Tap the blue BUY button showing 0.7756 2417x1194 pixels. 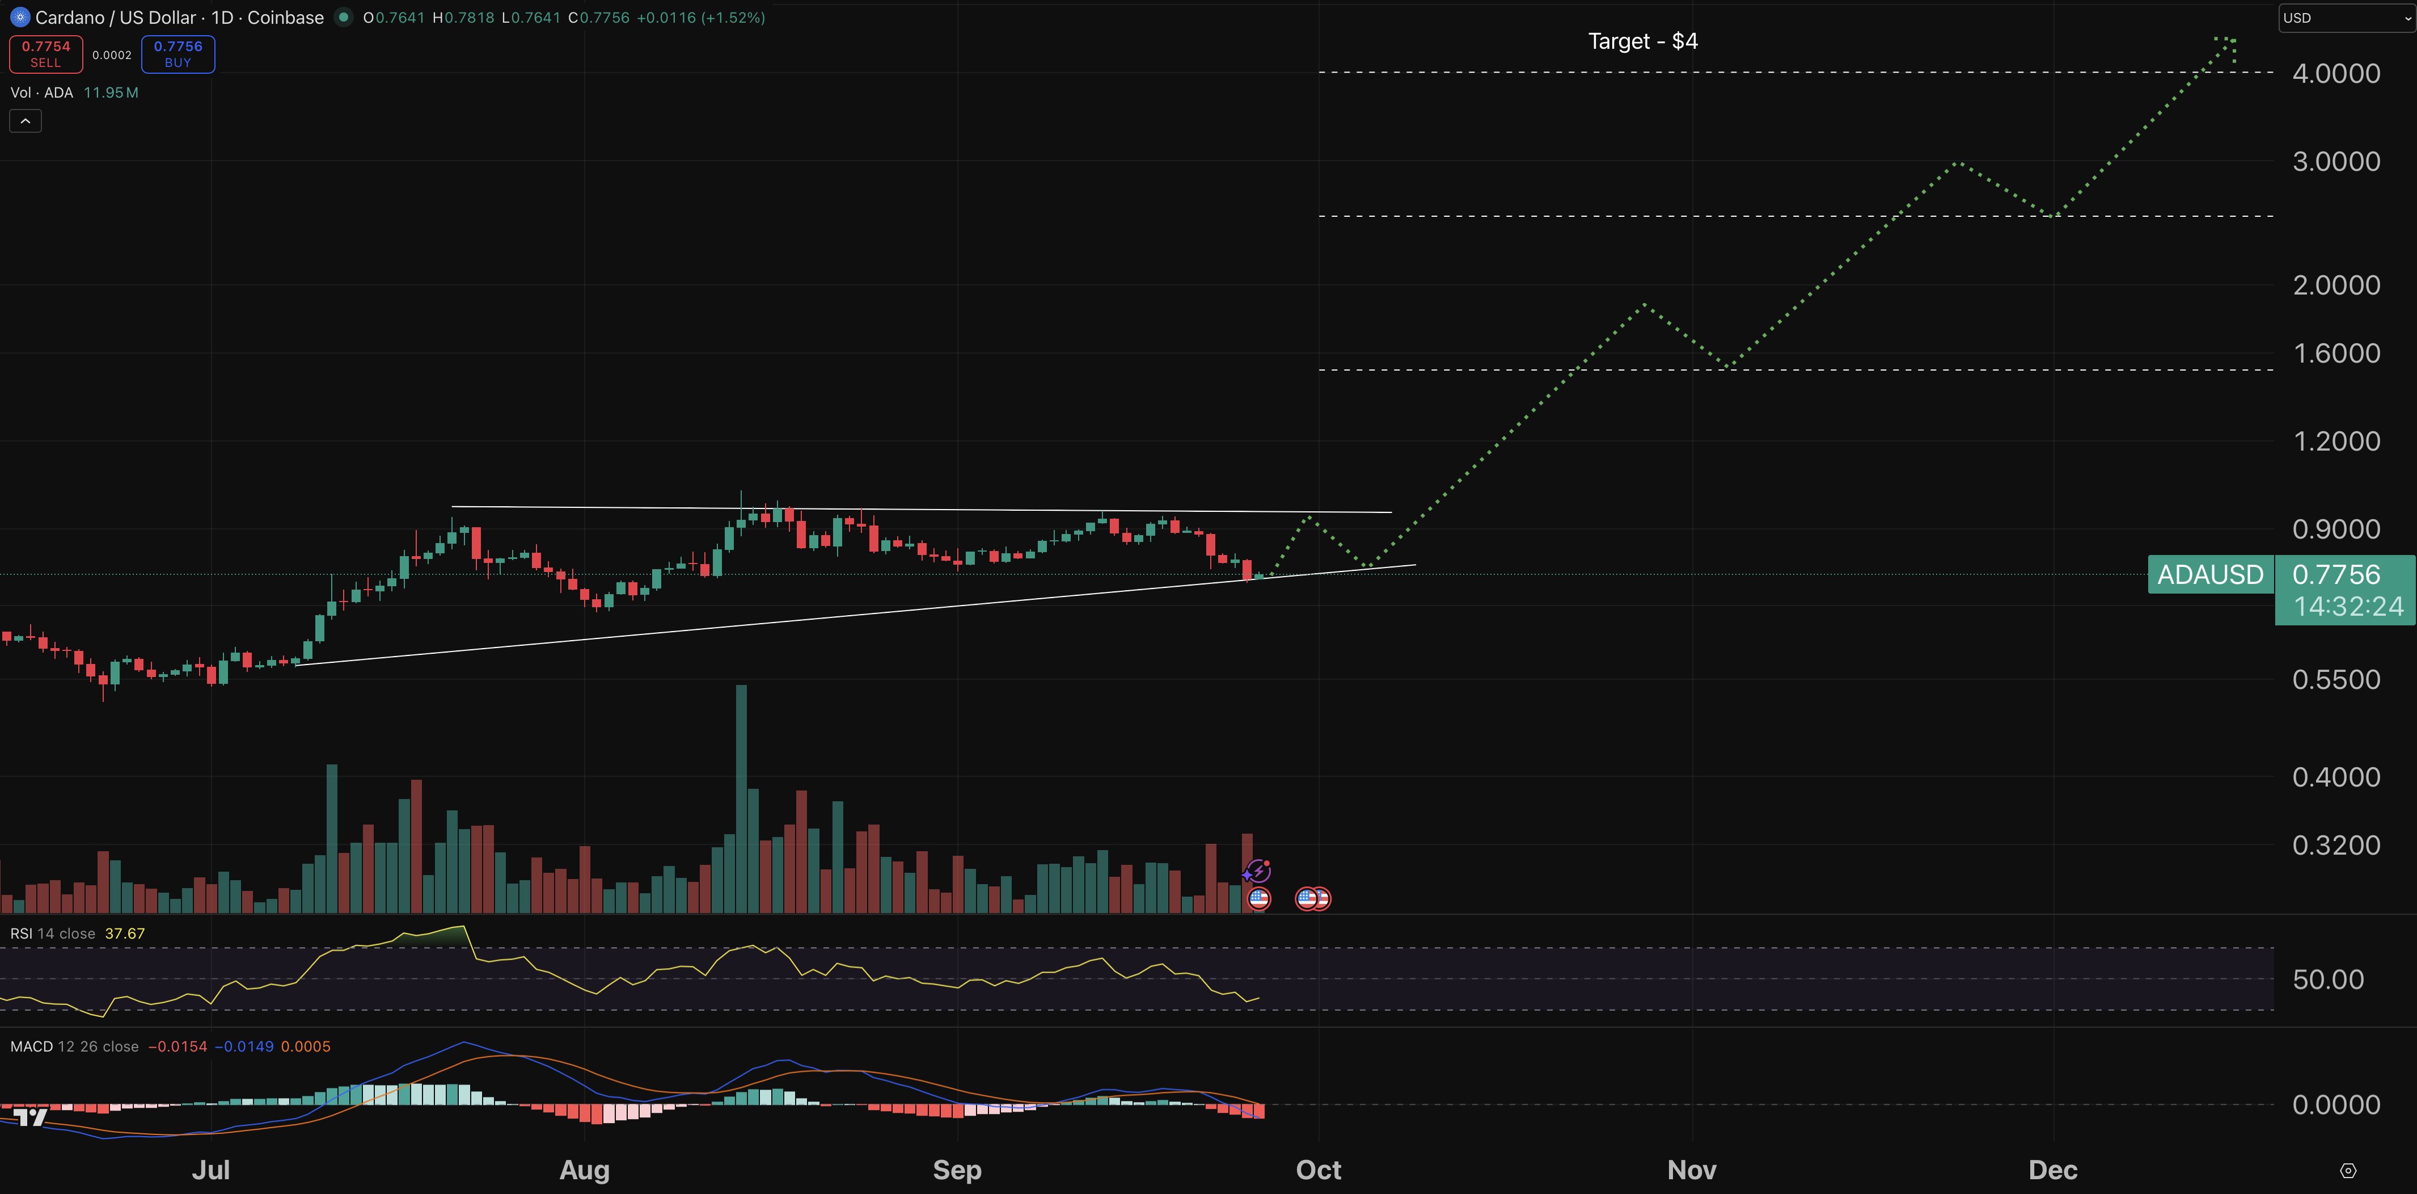pyautogui.click(x=178, y=53)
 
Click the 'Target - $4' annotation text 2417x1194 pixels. pyautogui.click(x=1642, y=41)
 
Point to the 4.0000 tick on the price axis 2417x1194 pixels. pyautogui.click(x=2335, y=73)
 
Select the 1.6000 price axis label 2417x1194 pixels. pyautogui.click(x=2335, y=353)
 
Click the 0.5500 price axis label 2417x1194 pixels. pyautogui.click(x=2335, y=680)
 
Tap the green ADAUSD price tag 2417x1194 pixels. pyautogui.click(x=2209, y=574)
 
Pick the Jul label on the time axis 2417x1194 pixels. pyautogui.click(x=210, y=1170)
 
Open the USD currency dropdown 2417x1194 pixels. pyautogui.click(x=2346, y=18)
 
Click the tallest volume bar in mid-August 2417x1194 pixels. pyautogui.click(x=741, y=798)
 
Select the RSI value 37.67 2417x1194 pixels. pyautogui.click(x=125, y=933)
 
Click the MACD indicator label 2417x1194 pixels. pyautogui.click(x=32, y=1046)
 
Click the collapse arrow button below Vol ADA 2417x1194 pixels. pyautogui.click(x=26, y=121)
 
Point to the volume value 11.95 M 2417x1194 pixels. pyautogui.click(x=111, y=92)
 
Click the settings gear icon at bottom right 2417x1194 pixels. pyautogui.click(x=2348, y=1171)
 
